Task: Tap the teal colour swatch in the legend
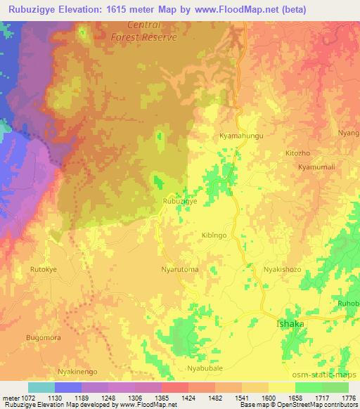click(x=41, y=387)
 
